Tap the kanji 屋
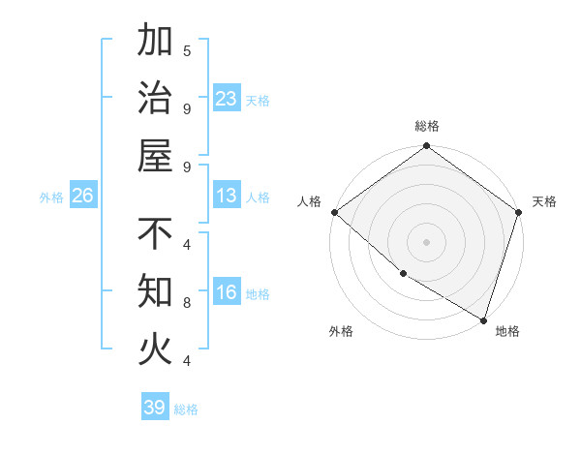click(x=156, y=155)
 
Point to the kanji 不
click(x=156, y=234)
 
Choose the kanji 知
click(x=156, y=290)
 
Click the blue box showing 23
click(x=227, y=99)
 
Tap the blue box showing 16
click(x=227, y=293)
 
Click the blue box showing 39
click(x=155, y=408)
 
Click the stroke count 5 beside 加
click(x=187, y=50)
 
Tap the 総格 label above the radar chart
click(x=427, y=126)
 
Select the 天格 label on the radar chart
click(x=544, y=201)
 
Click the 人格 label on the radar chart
click(x=309, y=201)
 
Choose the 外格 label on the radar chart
click(x=341, y=331)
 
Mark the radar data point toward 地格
click(x=483, y=318)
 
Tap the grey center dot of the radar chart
click(x=427, y=241)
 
